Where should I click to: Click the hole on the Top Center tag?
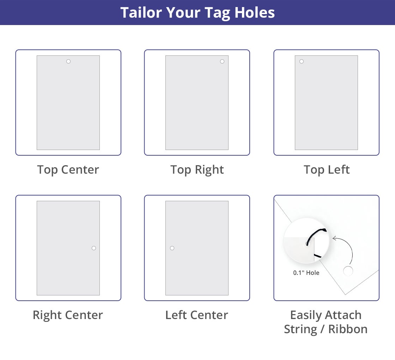tap(68, 61)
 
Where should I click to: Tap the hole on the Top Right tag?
tap(222, 61)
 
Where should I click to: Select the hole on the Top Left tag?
tap(302, 61)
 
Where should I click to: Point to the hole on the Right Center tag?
tap(94, 248)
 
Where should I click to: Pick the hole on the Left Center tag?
tap(172, 248)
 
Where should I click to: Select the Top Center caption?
tap(68, 170)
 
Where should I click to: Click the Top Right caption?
tap(197, 170)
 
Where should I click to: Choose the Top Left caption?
tap(327, 170)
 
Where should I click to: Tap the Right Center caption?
tap(68, 315)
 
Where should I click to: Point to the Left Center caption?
tap(197, 315)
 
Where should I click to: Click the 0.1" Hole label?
tap(306, 273)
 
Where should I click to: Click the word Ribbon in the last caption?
tap(348, 329)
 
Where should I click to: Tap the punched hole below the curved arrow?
tap(348, 271)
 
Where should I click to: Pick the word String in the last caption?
tap(302, 329)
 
